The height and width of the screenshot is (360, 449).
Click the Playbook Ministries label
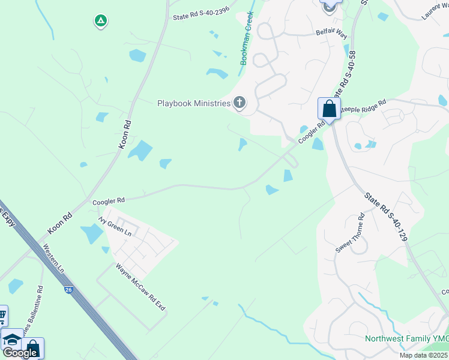click(194, 103)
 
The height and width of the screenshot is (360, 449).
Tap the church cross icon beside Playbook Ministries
click(240, 103)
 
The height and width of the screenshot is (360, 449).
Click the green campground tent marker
click(100, 22)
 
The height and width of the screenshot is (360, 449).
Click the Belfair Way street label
click(331, 34)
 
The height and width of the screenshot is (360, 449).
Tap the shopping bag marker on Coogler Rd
click(329, 109)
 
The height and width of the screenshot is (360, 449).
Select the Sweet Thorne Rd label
click(350, 233)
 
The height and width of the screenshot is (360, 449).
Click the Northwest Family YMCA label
click(406, 339)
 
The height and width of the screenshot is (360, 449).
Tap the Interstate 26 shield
click(69, 290)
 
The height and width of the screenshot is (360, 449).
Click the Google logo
click(20, 353)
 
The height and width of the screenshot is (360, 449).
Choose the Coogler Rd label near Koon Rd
click(108, 200)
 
